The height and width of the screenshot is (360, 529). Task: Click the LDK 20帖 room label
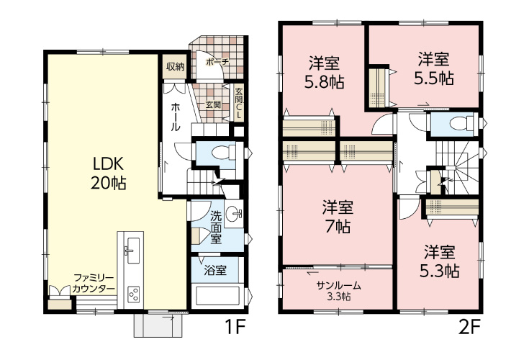point(108,173)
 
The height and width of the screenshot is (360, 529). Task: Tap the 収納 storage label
point(176,67)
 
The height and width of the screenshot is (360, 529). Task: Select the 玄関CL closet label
point(239,103)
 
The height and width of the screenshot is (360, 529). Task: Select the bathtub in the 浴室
point(217,296)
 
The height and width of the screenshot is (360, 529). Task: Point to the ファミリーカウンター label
point(94,284)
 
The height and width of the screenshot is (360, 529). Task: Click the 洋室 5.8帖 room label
point(324,71)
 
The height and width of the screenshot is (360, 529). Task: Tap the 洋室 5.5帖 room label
point(433,68)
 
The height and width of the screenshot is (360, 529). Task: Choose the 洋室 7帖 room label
point(338,217)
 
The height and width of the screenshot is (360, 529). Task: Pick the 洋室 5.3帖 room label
point(439,261)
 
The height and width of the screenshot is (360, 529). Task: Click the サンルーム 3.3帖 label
point(338,291)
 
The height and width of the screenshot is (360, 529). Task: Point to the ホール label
point(176,117)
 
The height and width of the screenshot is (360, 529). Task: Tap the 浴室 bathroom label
point(215,270)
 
